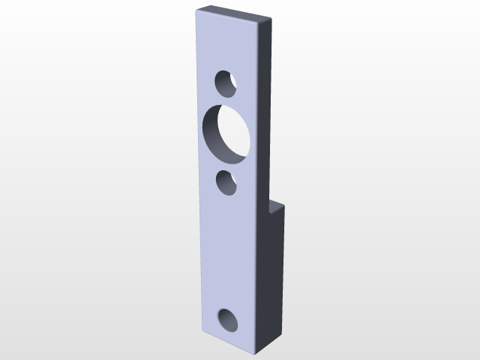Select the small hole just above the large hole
click(226, 82)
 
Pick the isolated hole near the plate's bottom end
click(228, 320)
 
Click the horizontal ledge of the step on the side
click(277, 204)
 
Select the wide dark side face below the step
click(273, 277)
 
